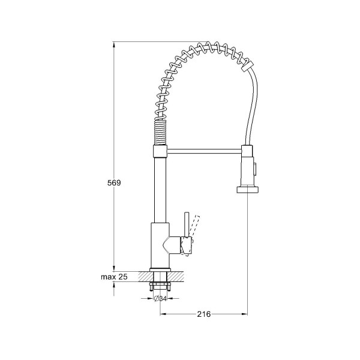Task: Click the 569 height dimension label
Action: (x=114, y=183)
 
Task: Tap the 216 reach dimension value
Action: (x=204, y=314)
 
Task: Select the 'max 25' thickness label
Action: (x=114, y=277)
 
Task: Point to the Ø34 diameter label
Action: (x=160, y=298)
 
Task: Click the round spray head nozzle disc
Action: (x=247, y=190)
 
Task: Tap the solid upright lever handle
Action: (x=187, y=224)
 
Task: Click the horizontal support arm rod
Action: (x=205, y=151)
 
